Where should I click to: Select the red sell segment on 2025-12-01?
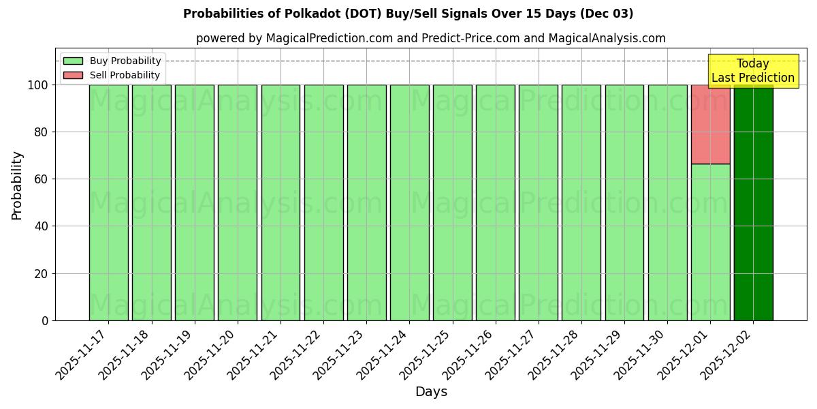pyautogui.click(x=710, y=124)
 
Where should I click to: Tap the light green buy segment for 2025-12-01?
pyautogui.click(x=710, y=242)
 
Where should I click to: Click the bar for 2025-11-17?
pyautogui.click(x=108, y=202)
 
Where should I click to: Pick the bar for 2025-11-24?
pyautogui.click(x=409, y=202)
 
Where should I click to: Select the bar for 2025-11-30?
pyautogui.click(x=667, y=202)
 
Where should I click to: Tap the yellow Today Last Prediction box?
pyautogui.click(x=752, y=71)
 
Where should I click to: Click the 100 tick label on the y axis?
pyautogui.click(x=37, y=85)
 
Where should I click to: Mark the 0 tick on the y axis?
pyautogui.click(x=45, y=320)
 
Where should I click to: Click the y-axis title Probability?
pyautogui.click(x=17, y=185)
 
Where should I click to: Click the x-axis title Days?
pyautogui.click(x=431, y=392)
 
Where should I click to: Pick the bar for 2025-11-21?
pyautogui.click(x=281, y=202)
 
